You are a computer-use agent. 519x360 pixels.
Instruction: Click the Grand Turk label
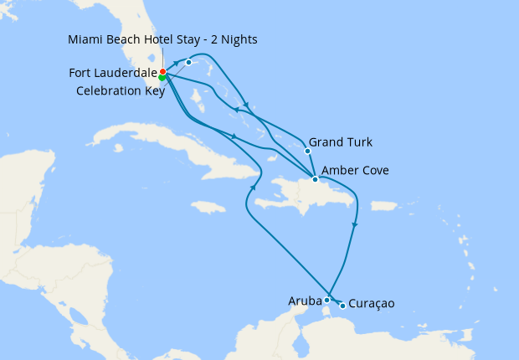341,141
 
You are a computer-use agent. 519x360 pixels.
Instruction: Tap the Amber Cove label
355,171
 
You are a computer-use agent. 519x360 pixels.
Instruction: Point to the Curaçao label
371,304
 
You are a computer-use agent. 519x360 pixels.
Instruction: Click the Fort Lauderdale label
113,73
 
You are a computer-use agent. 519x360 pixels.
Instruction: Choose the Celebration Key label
121,90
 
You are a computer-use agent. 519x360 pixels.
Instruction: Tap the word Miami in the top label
88,39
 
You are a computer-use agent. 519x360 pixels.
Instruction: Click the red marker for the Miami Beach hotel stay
162,72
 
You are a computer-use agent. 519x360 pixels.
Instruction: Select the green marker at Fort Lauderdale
162,78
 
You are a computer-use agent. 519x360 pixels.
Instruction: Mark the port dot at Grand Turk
307,151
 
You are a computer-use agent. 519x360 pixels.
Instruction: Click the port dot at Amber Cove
315,179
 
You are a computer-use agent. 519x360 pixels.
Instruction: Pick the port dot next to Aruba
326,299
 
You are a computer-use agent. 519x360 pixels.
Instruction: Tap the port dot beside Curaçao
342,306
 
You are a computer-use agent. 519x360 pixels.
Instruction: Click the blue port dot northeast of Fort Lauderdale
188,62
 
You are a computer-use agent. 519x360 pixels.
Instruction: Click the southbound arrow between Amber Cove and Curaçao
355,224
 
